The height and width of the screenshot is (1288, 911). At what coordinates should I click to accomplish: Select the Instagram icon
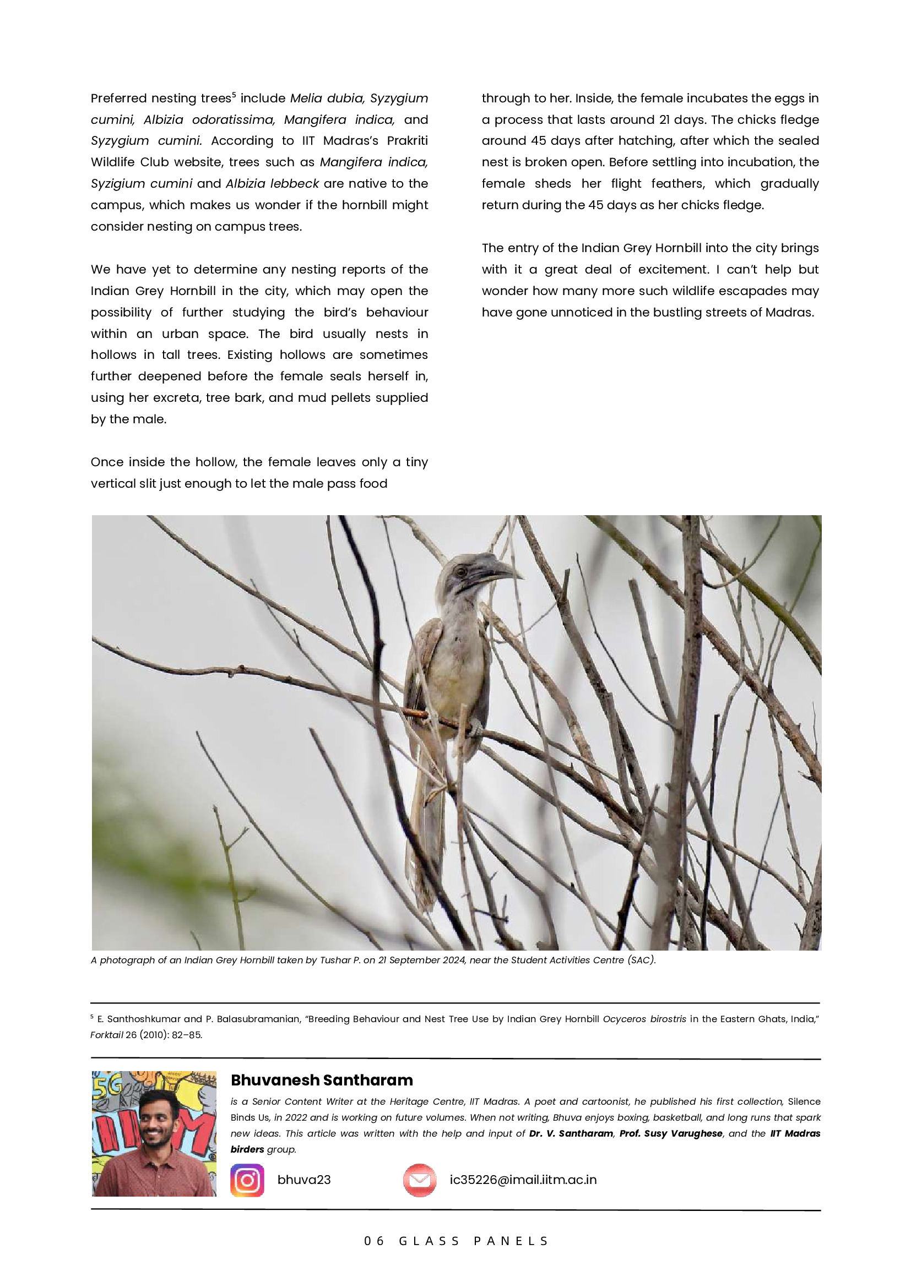click(x=247, y=1180)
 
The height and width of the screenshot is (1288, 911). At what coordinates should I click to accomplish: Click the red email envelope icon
click(x=419, y=1180)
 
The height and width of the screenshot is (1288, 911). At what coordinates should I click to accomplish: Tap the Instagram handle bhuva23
click(x=303, y=1180)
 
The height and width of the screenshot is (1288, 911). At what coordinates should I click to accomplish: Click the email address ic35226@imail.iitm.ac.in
click(x=523, y=1180)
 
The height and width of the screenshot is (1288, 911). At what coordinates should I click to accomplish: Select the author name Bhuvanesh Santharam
click(x=322, y=1080)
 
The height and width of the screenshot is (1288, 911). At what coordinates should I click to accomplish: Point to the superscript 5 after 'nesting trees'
click(x=234, y=94)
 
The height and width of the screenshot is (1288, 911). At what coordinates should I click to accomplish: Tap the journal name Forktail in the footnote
click(x=106, y=1035)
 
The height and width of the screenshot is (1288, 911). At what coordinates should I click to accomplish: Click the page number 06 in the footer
click(x=374, y=1241)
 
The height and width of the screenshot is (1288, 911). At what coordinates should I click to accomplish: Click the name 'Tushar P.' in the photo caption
click(x=340, y=960)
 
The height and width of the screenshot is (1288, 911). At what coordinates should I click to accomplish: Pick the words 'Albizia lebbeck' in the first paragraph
click(x=272, y=183)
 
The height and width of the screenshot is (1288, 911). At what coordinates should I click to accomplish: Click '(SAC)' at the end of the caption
click(x=641, y=960)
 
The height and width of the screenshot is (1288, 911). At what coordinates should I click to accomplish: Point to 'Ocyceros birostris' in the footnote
click(x=644, y=1019)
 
